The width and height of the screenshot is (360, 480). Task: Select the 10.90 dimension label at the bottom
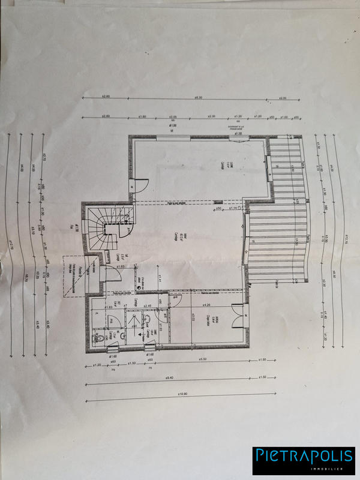coord(180,394)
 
